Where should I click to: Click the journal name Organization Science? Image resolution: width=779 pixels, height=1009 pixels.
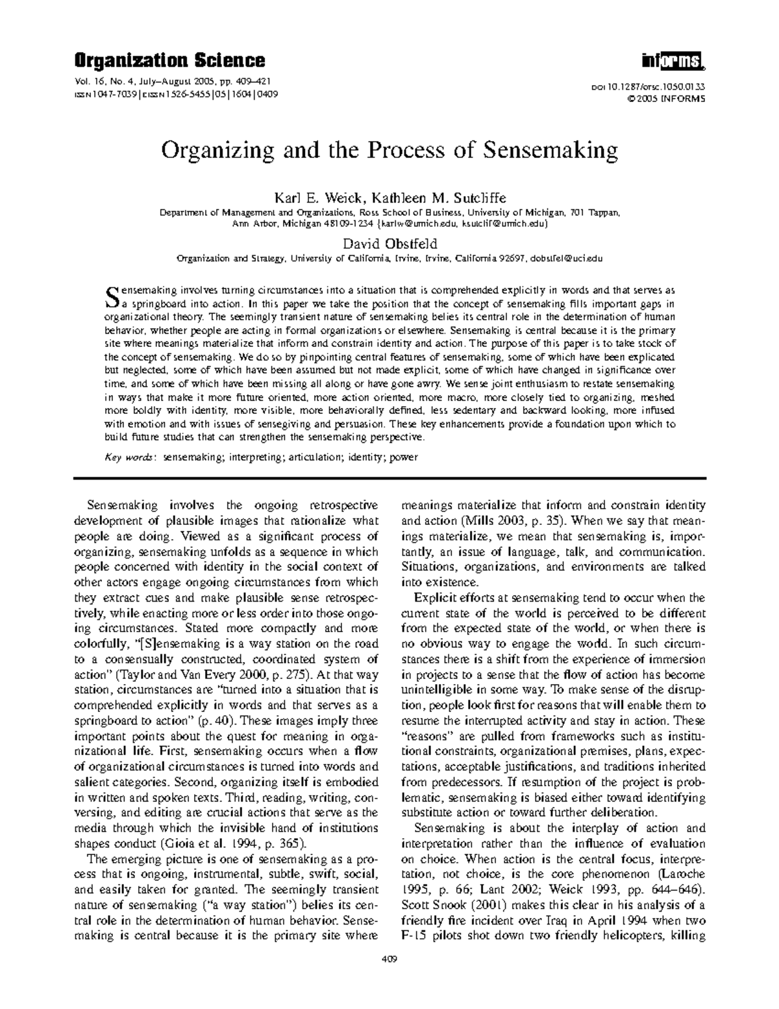169,61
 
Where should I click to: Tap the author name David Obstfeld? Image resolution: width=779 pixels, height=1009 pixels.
389,244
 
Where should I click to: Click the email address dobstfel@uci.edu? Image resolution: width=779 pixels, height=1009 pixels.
566,258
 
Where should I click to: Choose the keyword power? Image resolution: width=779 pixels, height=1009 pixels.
403,457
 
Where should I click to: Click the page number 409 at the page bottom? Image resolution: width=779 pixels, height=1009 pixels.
389,959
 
